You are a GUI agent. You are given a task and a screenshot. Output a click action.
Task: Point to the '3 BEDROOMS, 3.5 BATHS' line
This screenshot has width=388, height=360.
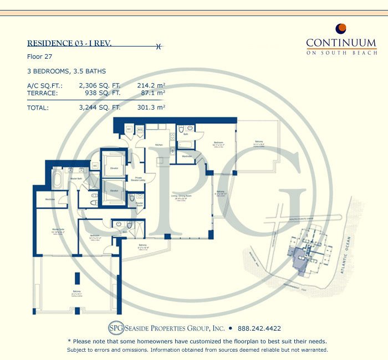66,71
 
